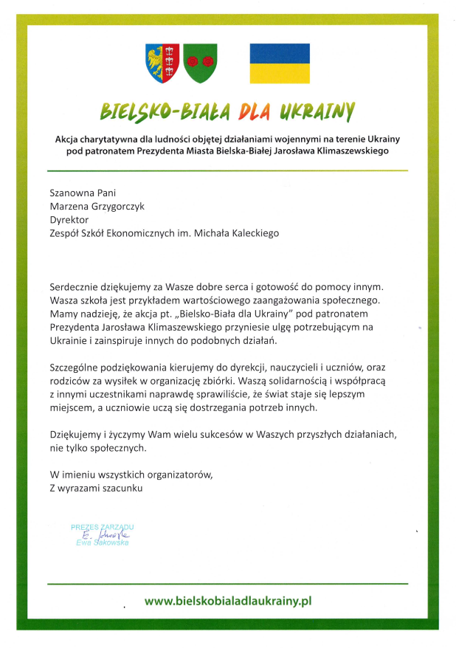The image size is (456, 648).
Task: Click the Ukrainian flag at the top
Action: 280,63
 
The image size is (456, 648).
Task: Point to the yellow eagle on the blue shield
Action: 157,62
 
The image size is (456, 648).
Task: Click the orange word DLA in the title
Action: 251,111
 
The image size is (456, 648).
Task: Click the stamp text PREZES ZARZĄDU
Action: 103,527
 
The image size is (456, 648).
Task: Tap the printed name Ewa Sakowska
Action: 103,542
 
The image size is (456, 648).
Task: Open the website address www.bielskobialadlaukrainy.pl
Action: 228,601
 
